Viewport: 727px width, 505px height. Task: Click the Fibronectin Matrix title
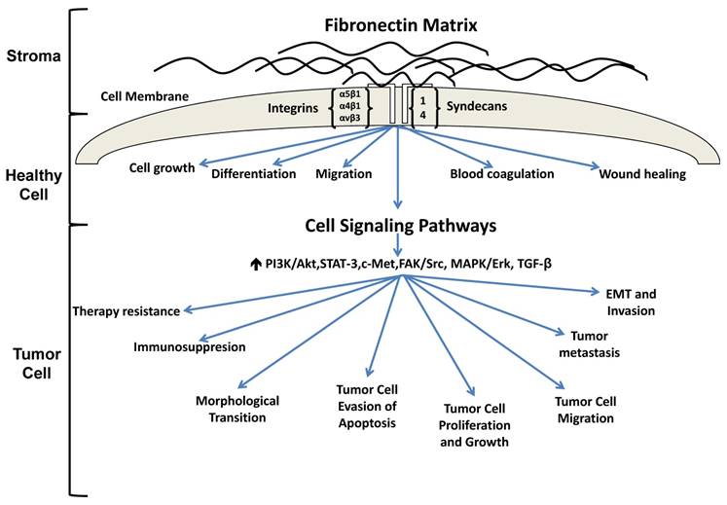(x=401, y=20)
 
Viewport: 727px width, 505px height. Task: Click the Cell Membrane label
(x=144, y=97)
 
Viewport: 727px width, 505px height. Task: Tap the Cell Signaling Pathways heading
(x=401, y=225)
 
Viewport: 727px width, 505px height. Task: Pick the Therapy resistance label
(x=126, y=311)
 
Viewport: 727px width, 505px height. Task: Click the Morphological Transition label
(x=237, y=409)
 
